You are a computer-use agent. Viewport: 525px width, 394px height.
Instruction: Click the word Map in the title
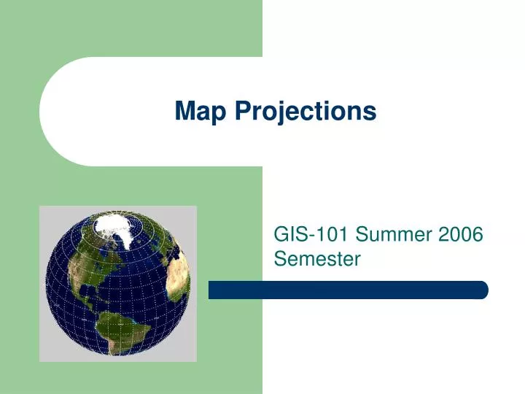click(x=198, y=112)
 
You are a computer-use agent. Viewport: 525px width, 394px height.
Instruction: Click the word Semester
click(x=317, y=258)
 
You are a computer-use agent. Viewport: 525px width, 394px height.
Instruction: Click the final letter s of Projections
click(x=371, y=112)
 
